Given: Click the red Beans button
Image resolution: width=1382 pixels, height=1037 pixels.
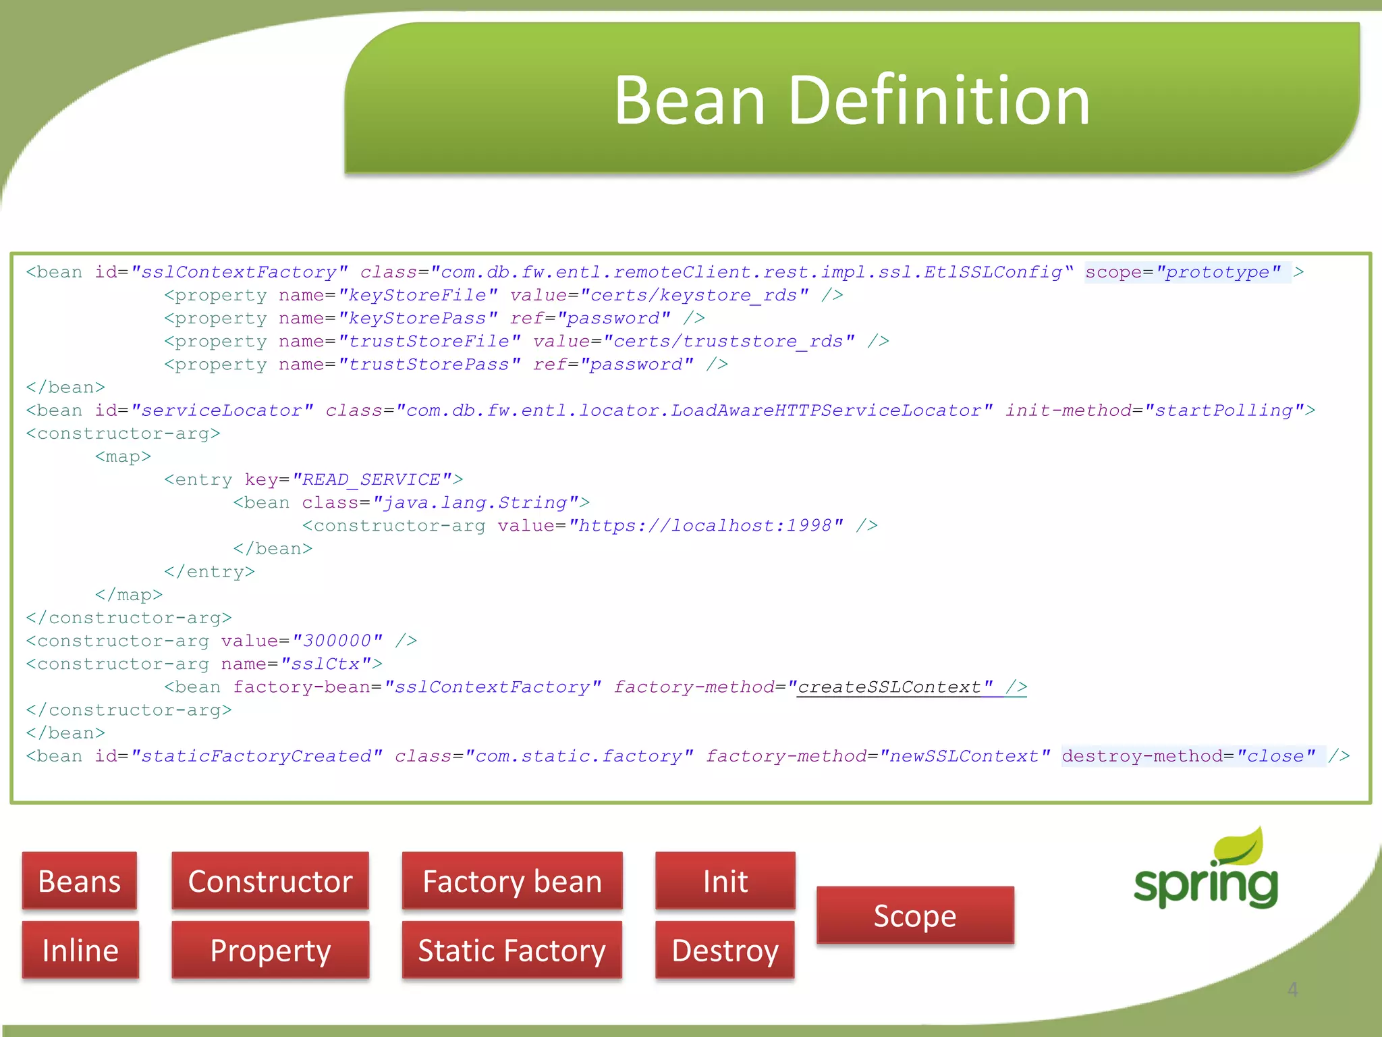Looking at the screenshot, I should (x=80, y=881).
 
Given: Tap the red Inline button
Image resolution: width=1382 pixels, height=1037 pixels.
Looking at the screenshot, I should (x=80, y=950).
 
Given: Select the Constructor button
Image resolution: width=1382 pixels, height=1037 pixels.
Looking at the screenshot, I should (x=270, y=881).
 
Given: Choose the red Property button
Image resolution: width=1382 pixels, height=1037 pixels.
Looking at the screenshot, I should (x=270, y=950).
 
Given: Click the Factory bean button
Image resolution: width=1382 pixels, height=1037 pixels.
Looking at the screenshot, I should (x=512, y=881).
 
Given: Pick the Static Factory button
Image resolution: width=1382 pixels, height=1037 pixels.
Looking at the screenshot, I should (x=512, y=950).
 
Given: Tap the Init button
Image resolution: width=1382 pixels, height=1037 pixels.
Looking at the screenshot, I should (x=725, y=881).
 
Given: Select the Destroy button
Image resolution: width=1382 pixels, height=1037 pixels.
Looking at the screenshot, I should (x=725, y=950).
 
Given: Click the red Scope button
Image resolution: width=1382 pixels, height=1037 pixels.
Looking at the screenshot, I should (x=915, y=915).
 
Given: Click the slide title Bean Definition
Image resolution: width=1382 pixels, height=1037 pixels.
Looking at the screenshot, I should (x=852, y=101).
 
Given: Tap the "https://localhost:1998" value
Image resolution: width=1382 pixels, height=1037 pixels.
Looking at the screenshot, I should (x=706, y=526).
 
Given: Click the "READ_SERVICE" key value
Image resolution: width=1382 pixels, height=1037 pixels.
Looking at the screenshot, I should (x=372, y=480).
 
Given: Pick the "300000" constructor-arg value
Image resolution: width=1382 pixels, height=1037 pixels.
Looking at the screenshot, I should (x=337, y=641).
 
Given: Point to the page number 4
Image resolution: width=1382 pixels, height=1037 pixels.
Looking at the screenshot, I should (x=1292, y=989).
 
